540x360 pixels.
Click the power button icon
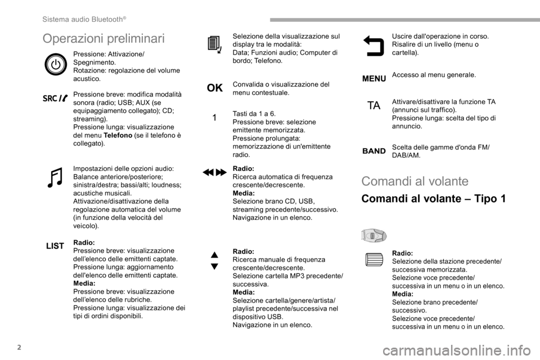55,65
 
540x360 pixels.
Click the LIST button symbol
55,246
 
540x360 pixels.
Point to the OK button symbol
214,88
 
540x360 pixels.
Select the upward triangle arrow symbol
214,256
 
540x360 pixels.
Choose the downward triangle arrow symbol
214,266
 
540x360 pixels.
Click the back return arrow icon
373,45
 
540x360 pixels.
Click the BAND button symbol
373,151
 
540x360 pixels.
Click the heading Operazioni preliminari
103,38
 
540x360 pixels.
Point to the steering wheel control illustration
373,235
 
